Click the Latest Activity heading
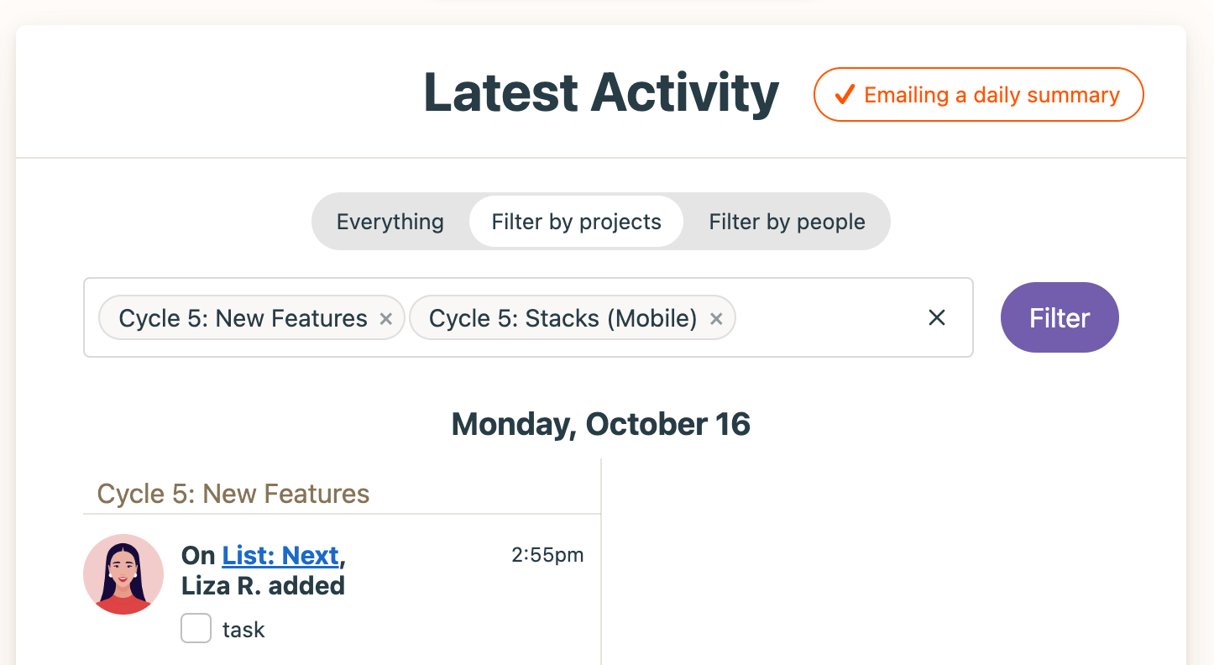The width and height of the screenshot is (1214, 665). [x=601, y=94]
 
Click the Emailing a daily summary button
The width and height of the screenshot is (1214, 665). [x=978, y=94]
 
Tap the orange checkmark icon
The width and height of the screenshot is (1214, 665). [x=845, y=94]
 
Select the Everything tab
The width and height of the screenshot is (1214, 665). [x=390, y=222]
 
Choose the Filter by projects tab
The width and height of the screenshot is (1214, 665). [x=576, y=222]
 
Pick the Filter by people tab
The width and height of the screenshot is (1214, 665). [x=787, y=222]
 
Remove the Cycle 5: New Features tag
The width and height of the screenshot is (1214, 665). [x=386, y=319]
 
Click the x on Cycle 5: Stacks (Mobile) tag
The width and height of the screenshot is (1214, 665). [x=716, y=319]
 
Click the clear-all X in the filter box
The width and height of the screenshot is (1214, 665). [x=936, y=317]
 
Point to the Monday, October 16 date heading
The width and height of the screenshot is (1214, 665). [x=600, y=424]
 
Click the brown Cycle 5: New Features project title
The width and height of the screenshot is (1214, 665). [x=233, y=494]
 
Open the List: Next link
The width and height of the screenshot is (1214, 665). [x=280, y=556]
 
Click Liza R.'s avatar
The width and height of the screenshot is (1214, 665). [x=123, y=574]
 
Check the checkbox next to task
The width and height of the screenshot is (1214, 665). [x=196, y=628]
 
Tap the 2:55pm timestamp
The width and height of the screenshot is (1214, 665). [x=547, y=555]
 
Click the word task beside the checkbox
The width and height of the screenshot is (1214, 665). [x=243, y=630]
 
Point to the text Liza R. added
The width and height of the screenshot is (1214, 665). [x=263, y=586]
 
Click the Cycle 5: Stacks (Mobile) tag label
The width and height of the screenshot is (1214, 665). [x=563, y=318]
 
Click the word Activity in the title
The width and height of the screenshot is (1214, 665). [x=685, y=94]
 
